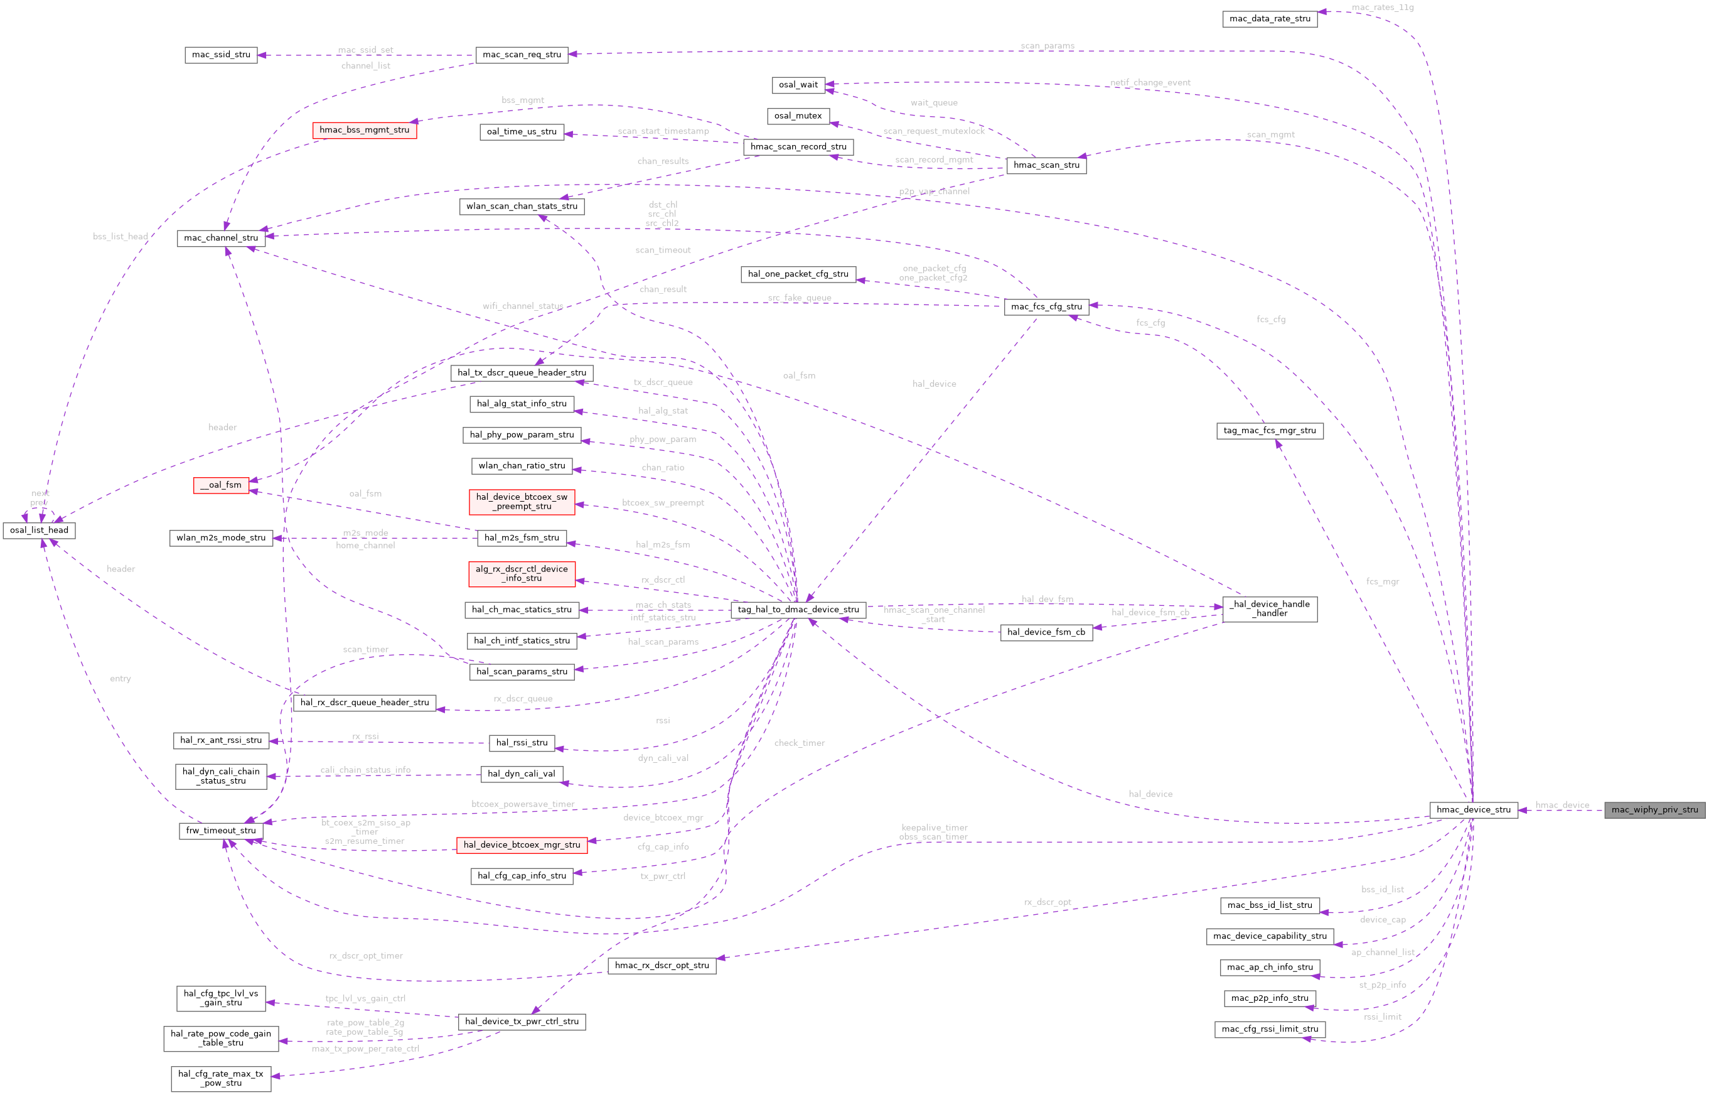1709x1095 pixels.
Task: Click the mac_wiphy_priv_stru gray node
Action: tap(1654, 809)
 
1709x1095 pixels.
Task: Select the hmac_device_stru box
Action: tap(1473, 809)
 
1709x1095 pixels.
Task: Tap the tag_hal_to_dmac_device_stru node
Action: tap(798, 610)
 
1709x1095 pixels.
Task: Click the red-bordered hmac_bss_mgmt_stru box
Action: tap(365, 130)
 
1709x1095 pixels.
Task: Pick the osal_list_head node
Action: tap(39, 531)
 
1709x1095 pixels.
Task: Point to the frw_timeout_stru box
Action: tap(221, 831)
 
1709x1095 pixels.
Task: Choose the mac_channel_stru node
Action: tap(221, 238)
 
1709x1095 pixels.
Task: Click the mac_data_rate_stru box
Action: tap(1269, 18)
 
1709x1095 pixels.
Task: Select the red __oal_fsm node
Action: tap(221, 485)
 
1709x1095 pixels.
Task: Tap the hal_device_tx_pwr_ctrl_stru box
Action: tap(522, 1022)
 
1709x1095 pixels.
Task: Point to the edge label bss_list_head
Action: tap(121, 237)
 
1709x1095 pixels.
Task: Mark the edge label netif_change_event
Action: tap(1150, 82)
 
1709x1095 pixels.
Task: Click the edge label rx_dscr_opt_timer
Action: tap(366, 956)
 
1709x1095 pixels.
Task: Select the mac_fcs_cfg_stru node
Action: tap(1046, 306)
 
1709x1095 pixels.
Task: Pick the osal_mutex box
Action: tap(798, 116)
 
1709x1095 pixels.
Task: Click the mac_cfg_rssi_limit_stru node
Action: tap(1269, 1029)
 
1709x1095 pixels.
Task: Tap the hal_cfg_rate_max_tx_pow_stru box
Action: tap(221, 1079)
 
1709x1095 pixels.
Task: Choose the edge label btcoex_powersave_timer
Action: tap(523, 804)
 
